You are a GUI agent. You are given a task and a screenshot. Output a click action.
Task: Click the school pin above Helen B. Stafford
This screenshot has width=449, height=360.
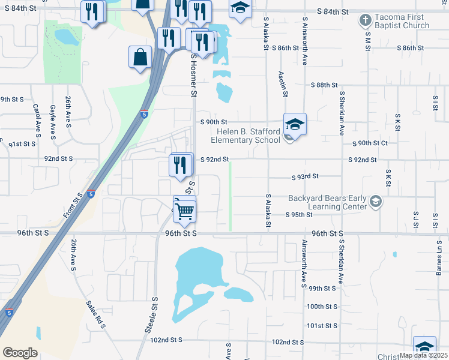point(295,124)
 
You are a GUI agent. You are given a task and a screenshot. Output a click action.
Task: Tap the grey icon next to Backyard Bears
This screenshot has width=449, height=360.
point(376,200)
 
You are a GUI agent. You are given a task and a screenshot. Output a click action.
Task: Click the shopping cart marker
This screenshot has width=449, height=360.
point(185,209)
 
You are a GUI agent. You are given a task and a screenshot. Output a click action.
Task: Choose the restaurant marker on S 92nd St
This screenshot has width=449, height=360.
point(181,164)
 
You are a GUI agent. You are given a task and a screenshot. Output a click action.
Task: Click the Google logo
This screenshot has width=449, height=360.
point(20,353)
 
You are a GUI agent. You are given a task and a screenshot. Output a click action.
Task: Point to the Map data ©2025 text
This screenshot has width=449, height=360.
point(423,355)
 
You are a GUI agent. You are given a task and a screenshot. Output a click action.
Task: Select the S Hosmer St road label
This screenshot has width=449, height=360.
point(194,74)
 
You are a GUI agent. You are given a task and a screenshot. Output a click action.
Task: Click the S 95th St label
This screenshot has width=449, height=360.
point(300,214)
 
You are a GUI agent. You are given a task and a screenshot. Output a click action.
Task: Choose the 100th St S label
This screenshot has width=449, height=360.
point(322,306)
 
